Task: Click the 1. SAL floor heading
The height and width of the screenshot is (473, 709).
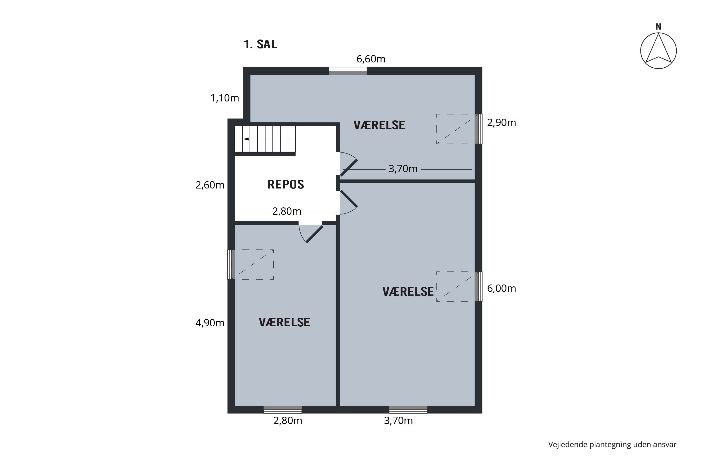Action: tap(260, 44)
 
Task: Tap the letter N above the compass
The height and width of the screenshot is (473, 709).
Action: tap(658, 27)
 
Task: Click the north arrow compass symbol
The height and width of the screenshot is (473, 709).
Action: tap(658, 51)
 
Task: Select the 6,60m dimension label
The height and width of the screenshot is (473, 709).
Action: tap(371, 59)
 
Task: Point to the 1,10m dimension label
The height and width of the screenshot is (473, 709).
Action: tap(225, 98)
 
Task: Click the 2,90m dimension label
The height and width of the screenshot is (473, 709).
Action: tap(501, 123)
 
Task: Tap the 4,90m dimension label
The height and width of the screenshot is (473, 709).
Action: tap(210, 323)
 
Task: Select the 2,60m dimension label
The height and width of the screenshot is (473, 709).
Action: tap(210, 185)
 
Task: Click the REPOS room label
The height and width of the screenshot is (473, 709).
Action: tap(286, 184)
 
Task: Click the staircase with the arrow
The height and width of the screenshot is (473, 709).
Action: tap(265, 139)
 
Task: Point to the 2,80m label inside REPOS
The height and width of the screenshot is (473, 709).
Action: tap(287, 211)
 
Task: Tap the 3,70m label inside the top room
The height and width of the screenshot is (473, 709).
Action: tap(403, 169)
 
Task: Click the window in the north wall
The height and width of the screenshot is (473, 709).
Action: tap(348, 71)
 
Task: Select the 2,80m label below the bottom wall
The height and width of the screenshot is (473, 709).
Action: tap(288, 420)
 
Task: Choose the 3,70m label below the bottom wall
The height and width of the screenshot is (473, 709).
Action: tap(398, 420)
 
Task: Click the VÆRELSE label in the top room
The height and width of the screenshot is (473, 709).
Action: tap(379, 125)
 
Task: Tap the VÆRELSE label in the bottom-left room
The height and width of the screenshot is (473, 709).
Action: tap(284, 323)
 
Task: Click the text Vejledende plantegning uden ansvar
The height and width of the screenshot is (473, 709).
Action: tap(612, 445)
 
